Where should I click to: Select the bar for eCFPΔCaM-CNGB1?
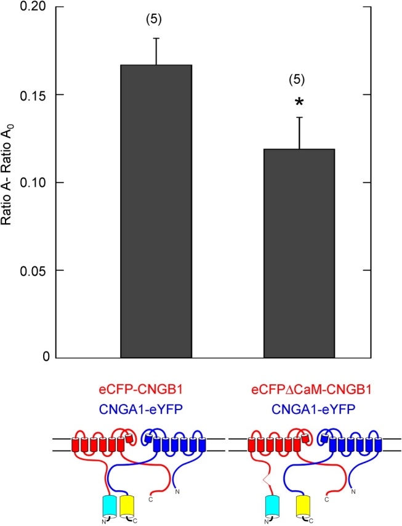coord(299,253)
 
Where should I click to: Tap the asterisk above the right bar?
coord(299,102)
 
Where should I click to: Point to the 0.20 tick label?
coord(34,7)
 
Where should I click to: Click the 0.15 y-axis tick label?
coord(34,95)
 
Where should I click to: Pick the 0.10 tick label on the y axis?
coord(34,183)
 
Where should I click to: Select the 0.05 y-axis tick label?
coord(34,270)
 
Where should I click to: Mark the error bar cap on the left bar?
coord(156,38)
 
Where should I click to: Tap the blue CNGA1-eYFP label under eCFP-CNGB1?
coord(142,407)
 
